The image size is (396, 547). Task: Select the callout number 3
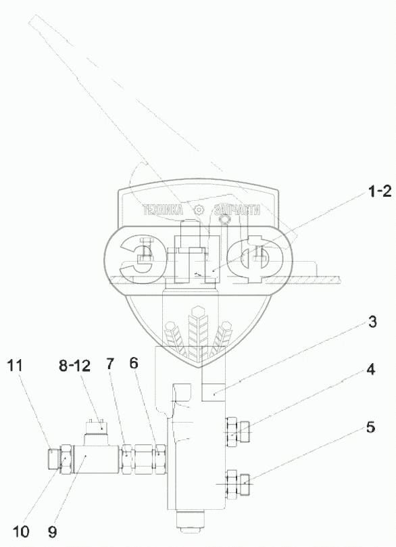click(372, 322)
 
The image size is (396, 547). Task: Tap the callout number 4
click(371, 369)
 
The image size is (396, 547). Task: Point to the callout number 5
click(370, 427)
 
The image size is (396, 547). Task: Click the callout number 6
click(134, 363)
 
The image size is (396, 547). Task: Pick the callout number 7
click(110, 364)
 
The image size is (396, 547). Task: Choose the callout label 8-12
click(74, 366)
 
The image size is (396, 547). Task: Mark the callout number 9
click(53, 532)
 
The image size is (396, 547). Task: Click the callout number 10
click(21, 532)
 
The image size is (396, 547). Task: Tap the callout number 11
click(14, 366)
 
